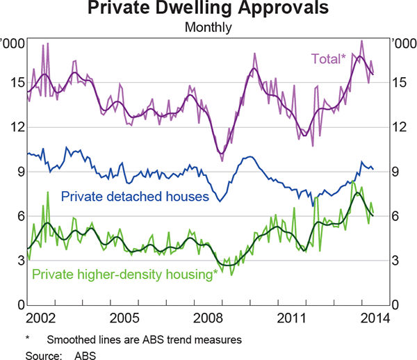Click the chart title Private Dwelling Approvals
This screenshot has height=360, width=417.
click(x=208, y=10)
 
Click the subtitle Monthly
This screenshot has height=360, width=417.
click(x=208, y=28)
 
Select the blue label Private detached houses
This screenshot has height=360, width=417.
click(x=135, y=197)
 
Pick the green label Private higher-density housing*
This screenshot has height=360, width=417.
click(x=125, y=274)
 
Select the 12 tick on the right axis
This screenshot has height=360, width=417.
click(x=400, y=127)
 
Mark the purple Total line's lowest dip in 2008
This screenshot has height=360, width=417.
click(x=222, y=160)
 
